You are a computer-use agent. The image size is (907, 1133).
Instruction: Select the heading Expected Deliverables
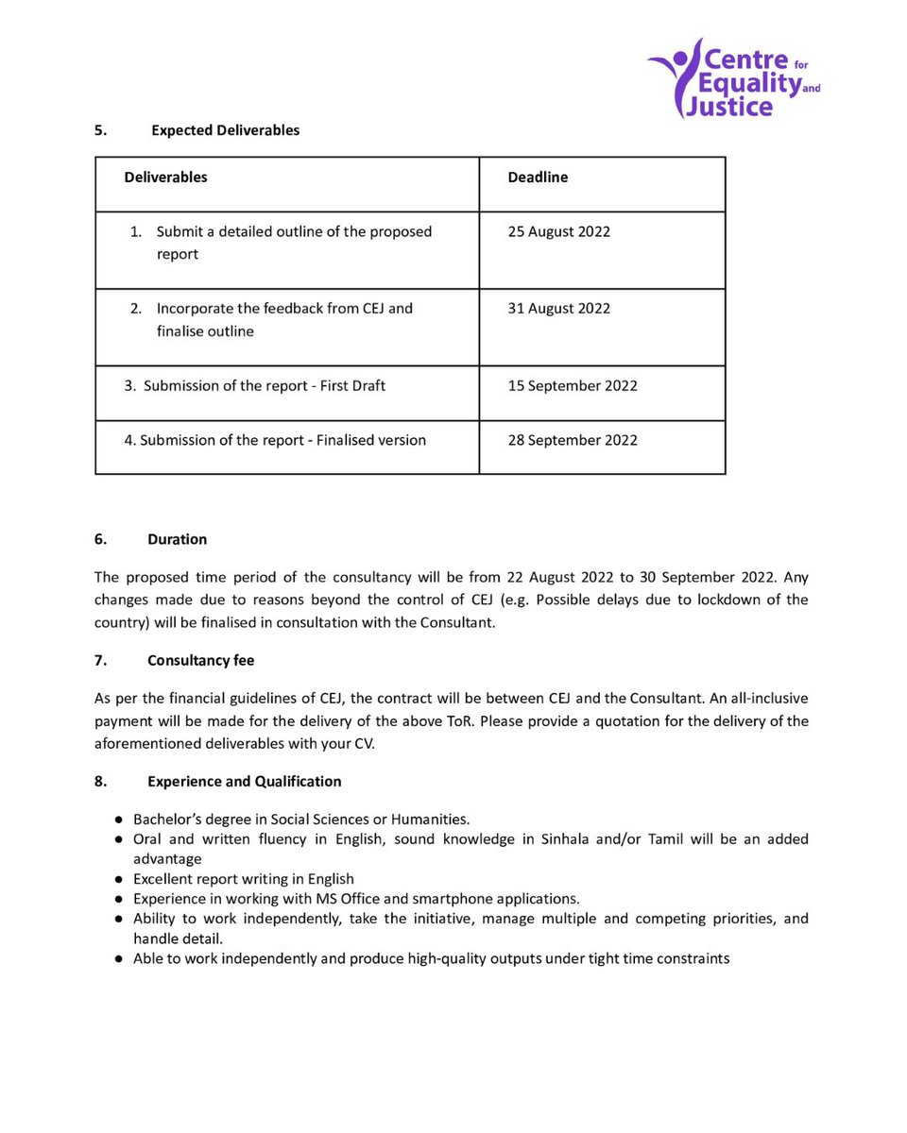coord(225,130)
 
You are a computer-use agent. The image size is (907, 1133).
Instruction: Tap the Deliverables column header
coord(165,178)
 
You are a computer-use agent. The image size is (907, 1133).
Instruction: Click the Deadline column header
coord(538,178)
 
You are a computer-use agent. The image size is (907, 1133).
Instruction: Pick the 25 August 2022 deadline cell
coord(558,232)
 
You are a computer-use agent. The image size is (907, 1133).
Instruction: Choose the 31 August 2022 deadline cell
coord(558,309)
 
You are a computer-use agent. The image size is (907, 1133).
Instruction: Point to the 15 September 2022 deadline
coord(572,386)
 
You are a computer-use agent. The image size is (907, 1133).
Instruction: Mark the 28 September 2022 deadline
coord(572,441)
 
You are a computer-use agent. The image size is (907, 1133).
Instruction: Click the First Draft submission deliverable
coord(264,386)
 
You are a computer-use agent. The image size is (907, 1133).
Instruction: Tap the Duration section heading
coord(177,540)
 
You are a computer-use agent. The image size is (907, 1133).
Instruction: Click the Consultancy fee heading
coord(200,661)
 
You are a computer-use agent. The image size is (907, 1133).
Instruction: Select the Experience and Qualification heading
coord(244,782)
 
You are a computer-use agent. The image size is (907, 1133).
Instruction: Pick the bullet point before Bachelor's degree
coord(119,820)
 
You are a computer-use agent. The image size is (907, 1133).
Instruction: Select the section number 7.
coord(99,661)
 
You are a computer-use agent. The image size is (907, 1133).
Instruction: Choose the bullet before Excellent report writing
coord(119,879)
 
